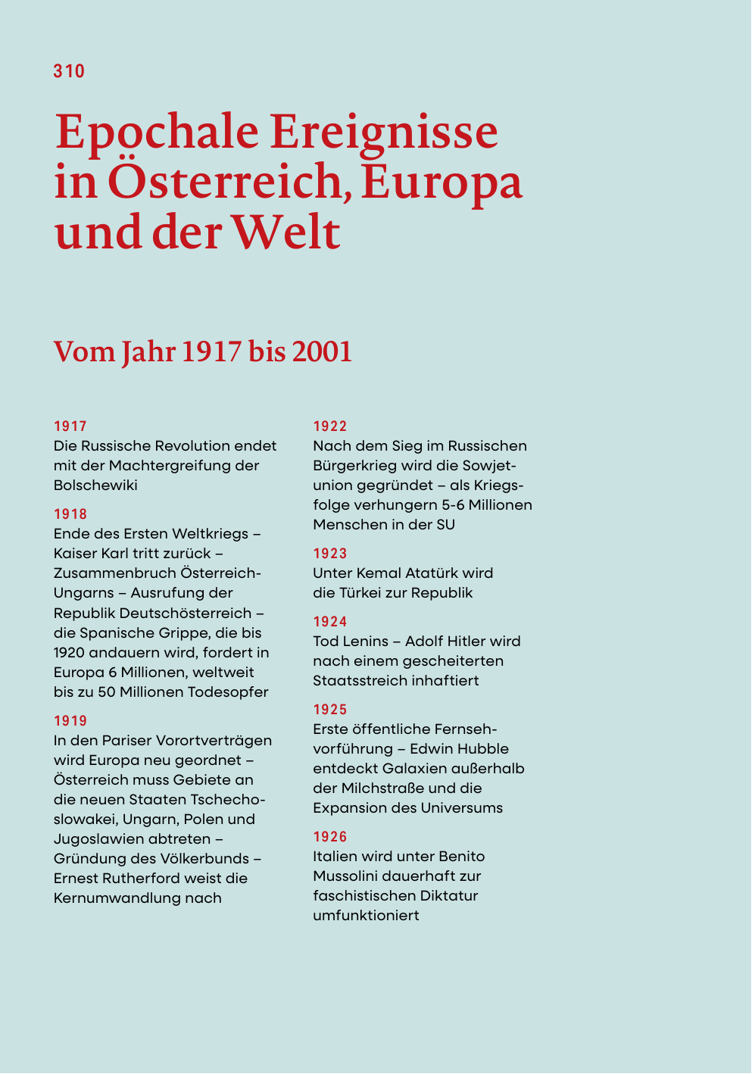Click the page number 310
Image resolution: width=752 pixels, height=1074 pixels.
click(69, 71)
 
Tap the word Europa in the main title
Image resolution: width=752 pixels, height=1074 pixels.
click(442, 182)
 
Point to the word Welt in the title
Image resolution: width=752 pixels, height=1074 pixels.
click(286, 232)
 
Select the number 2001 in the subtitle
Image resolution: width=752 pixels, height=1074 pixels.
click(322, 352)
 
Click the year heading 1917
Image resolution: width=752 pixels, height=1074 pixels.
click(70, 426)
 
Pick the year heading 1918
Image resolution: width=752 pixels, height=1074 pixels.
click(70, 514)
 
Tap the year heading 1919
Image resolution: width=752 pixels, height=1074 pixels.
click(70, 721)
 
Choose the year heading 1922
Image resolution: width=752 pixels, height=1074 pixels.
click(330, 426)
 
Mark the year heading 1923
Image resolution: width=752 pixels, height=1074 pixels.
click(330, 554)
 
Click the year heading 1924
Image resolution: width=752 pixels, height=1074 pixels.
click(330, 622)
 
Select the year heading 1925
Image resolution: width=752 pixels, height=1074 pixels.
click(330, 710)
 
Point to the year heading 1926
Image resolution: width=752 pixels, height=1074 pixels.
click(330, 837)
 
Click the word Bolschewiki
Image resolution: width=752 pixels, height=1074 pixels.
click(95, 485)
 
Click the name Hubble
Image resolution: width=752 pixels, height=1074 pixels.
click(482, 749)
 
